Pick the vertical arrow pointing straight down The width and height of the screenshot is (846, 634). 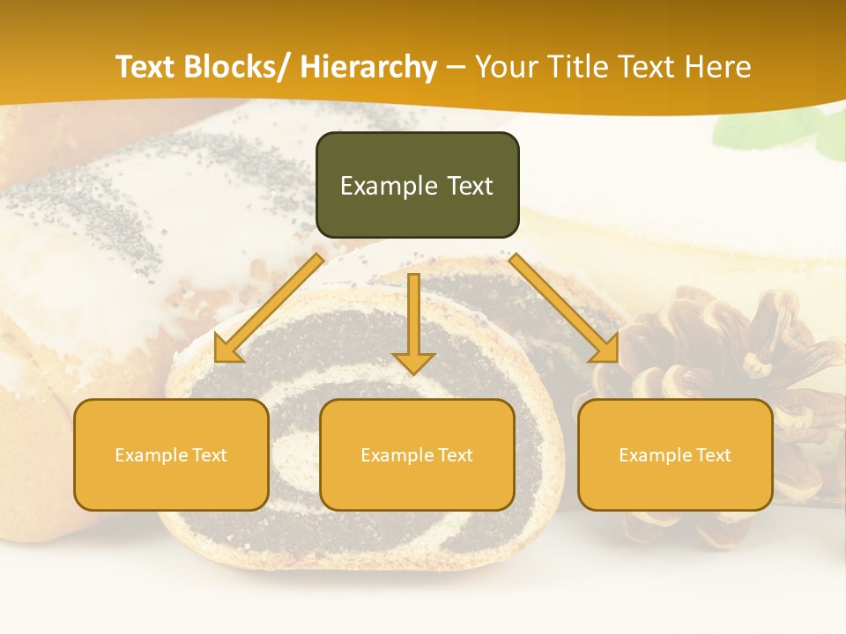413,322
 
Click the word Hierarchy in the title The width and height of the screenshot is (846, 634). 368,67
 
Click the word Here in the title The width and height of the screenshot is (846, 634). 717,67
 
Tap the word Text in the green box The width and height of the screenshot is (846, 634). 469,187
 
